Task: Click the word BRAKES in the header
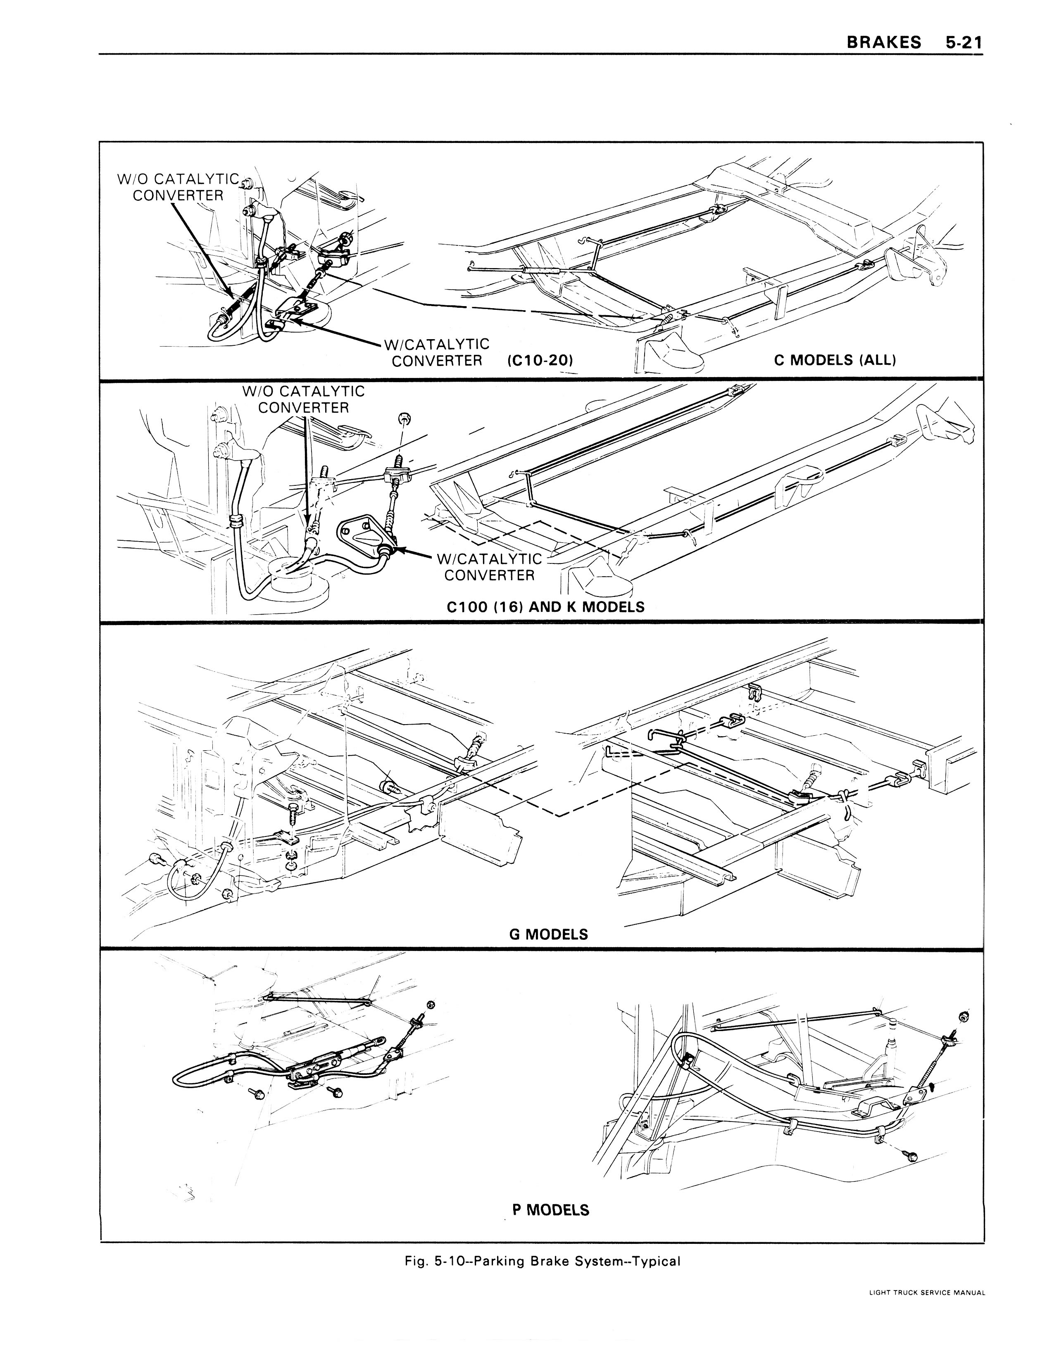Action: pos(883,42)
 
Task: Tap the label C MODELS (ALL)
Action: pos(835,360)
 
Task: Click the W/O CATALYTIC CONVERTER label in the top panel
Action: pos(179,187)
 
